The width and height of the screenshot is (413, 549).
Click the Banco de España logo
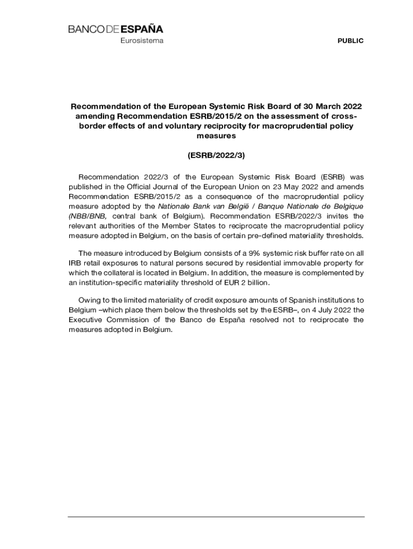pyautogui.click(x=115, y=29)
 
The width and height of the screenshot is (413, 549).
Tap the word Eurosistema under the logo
pyautogui.click(x=142, y=41)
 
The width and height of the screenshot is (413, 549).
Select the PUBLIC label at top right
pyautogui.click(x=350, y=41)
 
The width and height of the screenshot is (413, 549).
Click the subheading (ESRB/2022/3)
pyautogui.click(x=216, y=155)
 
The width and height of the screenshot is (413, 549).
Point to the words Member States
pyautogui.click(x=178, y=226)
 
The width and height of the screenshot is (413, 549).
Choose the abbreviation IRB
pyautogui.click(x=75, y=263)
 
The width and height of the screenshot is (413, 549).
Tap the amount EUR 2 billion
pyautogui.click(x=245, y=283)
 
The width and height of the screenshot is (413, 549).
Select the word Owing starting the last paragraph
pyautogui.click(x=90, y=300)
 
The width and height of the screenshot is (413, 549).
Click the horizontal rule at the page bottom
pyautogui.click(x=216, y=517)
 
